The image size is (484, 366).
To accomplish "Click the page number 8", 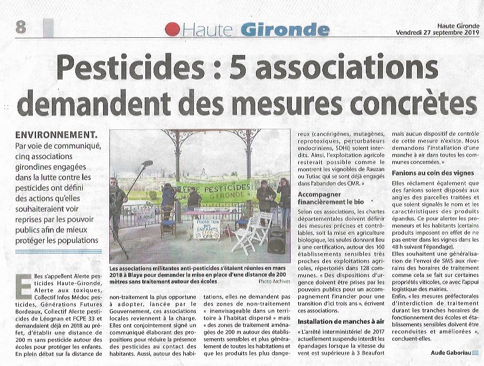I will coord(22,27).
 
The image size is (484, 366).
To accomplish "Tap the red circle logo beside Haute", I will coord(171,29).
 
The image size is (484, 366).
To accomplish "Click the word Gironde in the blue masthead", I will coord(276,29).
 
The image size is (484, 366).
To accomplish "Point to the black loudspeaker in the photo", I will coord(276,240).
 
